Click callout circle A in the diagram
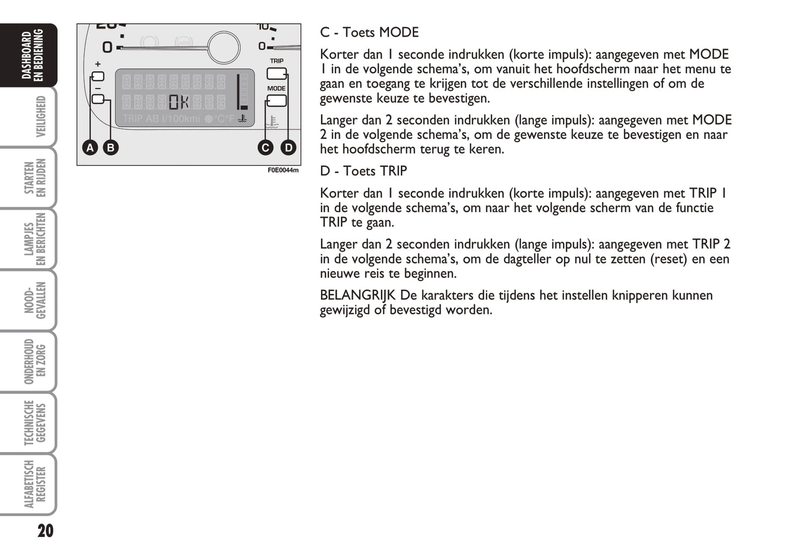pos(90,147)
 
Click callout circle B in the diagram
pos(110,147)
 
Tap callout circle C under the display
pos(265,147)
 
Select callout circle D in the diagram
pos(288,147)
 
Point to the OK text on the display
pos(179,102)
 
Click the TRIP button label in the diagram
pos(276,61)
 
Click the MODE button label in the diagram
pos(276,88)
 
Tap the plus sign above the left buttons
pos(98,64)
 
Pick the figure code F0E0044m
pos(283,170)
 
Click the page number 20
pos(46,531)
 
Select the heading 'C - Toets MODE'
pos(369,33)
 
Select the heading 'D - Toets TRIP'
pos(363,171)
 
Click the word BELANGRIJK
pos(357,295)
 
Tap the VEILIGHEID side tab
pos(40,116)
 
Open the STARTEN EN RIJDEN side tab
pos(35,177)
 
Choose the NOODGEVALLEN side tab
pos(35,300)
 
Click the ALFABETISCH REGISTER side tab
pos(35,484)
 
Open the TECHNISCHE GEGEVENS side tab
pos(35,423)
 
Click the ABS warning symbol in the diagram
pos(183,42)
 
